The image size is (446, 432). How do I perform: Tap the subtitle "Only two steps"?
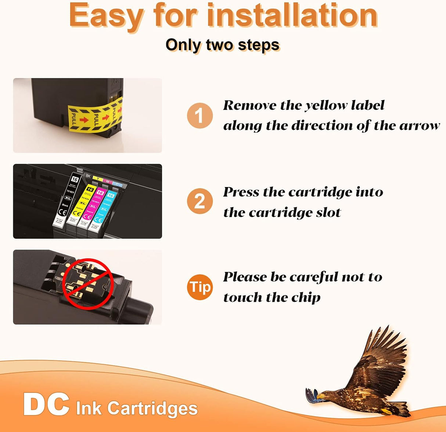click(223, 45)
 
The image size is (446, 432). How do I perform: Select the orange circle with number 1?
click(199, 116)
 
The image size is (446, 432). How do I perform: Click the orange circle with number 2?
click(199, 201)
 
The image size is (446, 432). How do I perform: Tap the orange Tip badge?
click(200, 287)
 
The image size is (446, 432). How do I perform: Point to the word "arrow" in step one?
click(419, 126)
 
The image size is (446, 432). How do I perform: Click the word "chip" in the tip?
click(306, 297)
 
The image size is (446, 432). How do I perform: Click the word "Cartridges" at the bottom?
click(152, 409)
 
